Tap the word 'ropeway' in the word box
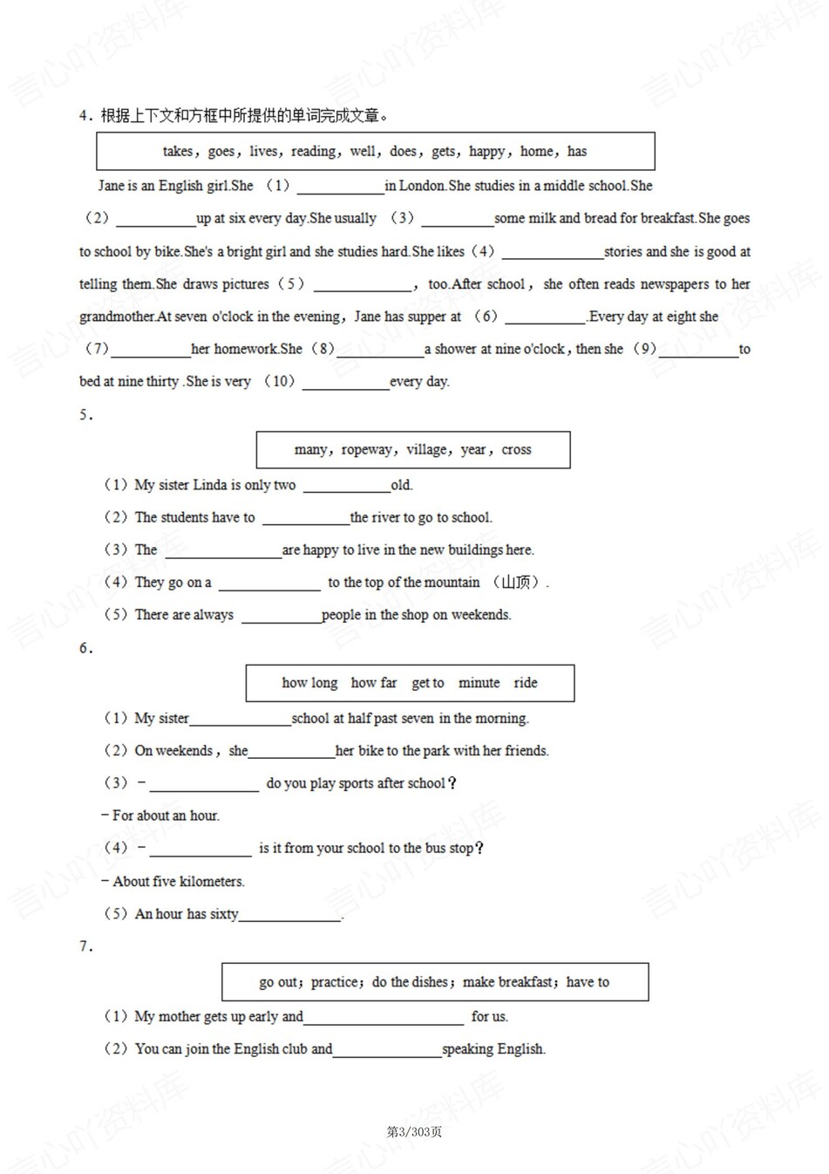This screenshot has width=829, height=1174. (367, 450)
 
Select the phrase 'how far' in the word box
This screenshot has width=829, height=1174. (373, 683)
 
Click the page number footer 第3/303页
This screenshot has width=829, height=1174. (414, 1132)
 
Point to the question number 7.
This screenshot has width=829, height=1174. (85, 946)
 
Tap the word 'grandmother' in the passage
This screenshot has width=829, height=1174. (117, 317)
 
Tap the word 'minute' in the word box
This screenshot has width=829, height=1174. (479, 683)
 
